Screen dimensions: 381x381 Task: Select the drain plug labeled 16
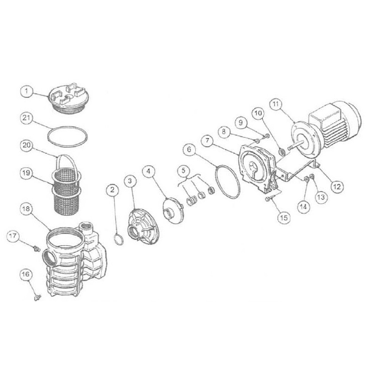pos(37,297)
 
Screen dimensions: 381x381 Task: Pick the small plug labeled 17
pos(37,249)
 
